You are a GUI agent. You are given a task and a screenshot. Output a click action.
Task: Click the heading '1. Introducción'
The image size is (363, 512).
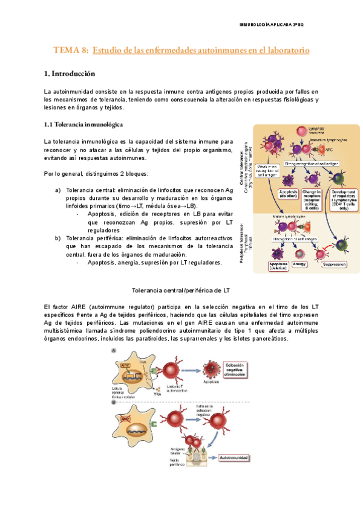tap(70, 74)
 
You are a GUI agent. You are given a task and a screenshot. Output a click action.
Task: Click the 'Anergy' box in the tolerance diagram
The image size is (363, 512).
tap(300, 264)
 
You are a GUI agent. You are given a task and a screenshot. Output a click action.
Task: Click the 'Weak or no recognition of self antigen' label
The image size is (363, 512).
tap(267, 170)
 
